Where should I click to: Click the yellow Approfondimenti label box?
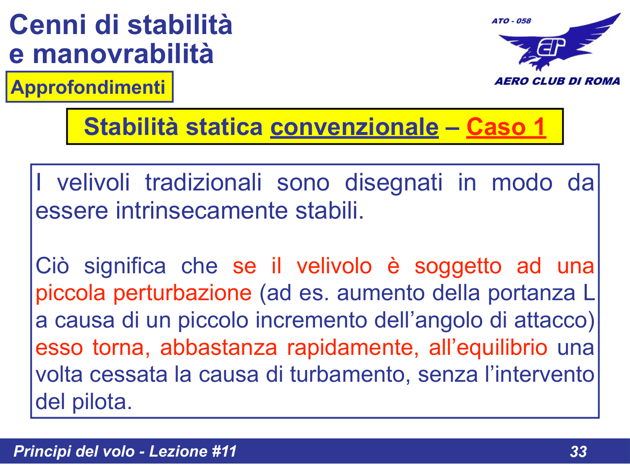[x=89, y=87]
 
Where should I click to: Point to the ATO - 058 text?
[x=511, y=21]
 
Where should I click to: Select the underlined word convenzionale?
[x=354, y=127]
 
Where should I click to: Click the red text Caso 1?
[x=506, y=127]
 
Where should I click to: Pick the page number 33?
[x=578, y=452]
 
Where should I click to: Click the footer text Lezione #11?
[x=193, y=451]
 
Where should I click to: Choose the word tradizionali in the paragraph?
[x=203, y=183]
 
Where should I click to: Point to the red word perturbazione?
[x=182, y=293]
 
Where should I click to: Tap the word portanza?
[x=531, y=293]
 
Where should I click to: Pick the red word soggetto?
[x=458, y=266]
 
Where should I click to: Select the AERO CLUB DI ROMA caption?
[x=557, y=81]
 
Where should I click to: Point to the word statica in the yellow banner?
[x=224, y=127]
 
